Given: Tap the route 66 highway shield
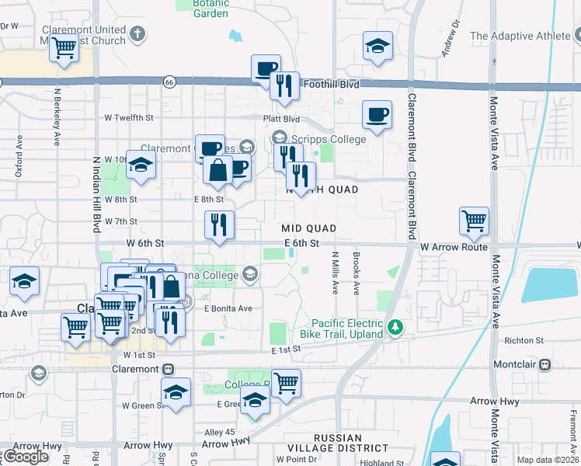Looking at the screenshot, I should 169,81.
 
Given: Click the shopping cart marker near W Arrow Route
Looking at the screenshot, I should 474,220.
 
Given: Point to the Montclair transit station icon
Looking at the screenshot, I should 545,364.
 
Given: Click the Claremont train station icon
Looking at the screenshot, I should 168,369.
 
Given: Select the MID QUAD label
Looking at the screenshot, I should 308,228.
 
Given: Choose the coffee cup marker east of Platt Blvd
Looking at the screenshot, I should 377,115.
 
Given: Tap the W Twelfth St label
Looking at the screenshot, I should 128,117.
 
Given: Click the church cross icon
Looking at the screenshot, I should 137,34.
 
